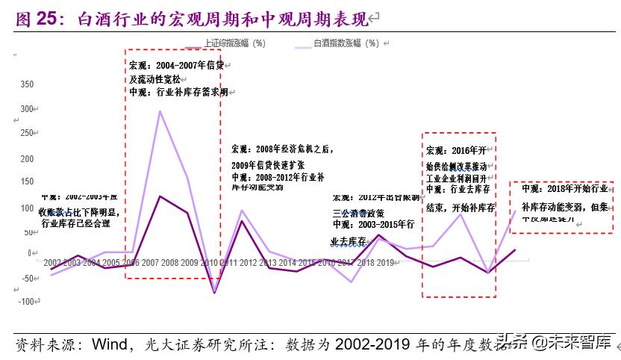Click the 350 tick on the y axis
coord(26,84)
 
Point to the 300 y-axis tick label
coord(26,109)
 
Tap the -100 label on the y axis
coord(25,301)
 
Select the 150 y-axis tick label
coord(26,182)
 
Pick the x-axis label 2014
coord(287,263)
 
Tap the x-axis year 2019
coord(385,263)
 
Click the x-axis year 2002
coord(53,263)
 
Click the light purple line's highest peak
coord(160,111)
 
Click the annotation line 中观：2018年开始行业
coord(564,190)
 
